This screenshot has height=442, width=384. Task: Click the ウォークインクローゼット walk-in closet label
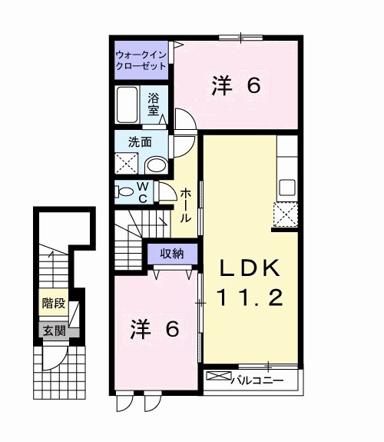click(x=141, y=60)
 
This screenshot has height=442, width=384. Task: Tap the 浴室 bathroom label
click(x=154, y=105)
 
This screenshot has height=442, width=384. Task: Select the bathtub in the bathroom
click(x=127, y=105)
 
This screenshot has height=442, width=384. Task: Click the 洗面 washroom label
click(x=140, y=142)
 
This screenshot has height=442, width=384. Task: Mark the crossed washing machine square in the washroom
click(x=126, y=164)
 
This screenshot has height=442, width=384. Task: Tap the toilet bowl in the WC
click(x=124, y=192)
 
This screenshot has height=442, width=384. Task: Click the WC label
click(x=143, y=192)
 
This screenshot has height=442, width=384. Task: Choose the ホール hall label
click(x=186, y=206)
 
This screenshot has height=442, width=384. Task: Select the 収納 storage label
click(x=172, y=254)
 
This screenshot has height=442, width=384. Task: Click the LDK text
click(x=250, y=268)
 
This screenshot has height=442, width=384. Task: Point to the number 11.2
click(x=250, y=298)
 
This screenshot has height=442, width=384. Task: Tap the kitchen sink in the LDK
click(x=287, y=188)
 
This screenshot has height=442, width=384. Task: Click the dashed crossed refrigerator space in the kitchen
click(x=286, y=214)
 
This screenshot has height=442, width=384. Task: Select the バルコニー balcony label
click(x=257, y=381)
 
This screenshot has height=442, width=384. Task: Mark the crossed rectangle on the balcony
click(x=219, y=376)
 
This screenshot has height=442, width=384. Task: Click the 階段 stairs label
click(x=54, y=304)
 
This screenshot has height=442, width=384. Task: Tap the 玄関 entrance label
click(x=54, y=331)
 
